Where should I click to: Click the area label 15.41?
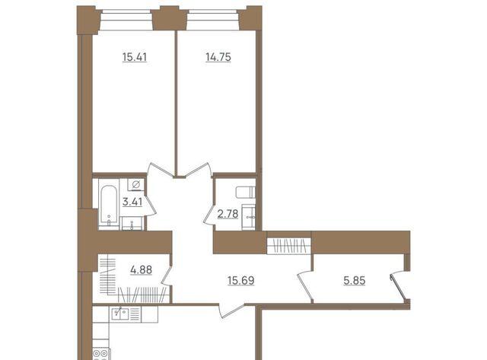pyautogui.click(x=135, y=58)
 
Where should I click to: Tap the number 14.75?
pyautogui.click(x=218, y=58)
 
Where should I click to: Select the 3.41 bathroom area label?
pyautogui.click(x=132, y=202)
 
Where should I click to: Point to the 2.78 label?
pyautogui.click(x=228, y=214)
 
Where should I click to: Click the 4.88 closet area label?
pyautogui.click(x=142, y=270)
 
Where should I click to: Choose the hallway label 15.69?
pyautogui.click(x=241, y=281)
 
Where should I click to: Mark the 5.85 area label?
pyautogui.click(x=355, y=281)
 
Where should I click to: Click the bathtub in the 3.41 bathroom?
pyautogui.click(x=109, y=205)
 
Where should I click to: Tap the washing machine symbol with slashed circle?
pyautogui.click(x=135, y=185)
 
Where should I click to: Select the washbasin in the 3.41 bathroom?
pyautogui.click(x=132, y=223)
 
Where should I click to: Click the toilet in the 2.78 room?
pyautogui.click(x=245, y=193)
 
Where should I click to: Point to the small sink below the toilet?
pyautogui.click(x=249, y=217)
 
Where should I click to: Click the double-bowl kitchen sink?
pyautogui.click(x=120, y=314)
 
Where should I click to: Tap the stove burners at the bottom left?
pyautogui.click(x=101, y=354)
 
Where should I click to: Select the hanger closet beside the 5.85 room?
pyautogui.click(x=289, y=246)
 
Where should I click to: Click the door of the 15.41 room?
pyautogui.click(x=161, y=170)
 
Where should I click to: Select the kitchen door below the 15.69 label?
pyautogui.click(x=231, y=311)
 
